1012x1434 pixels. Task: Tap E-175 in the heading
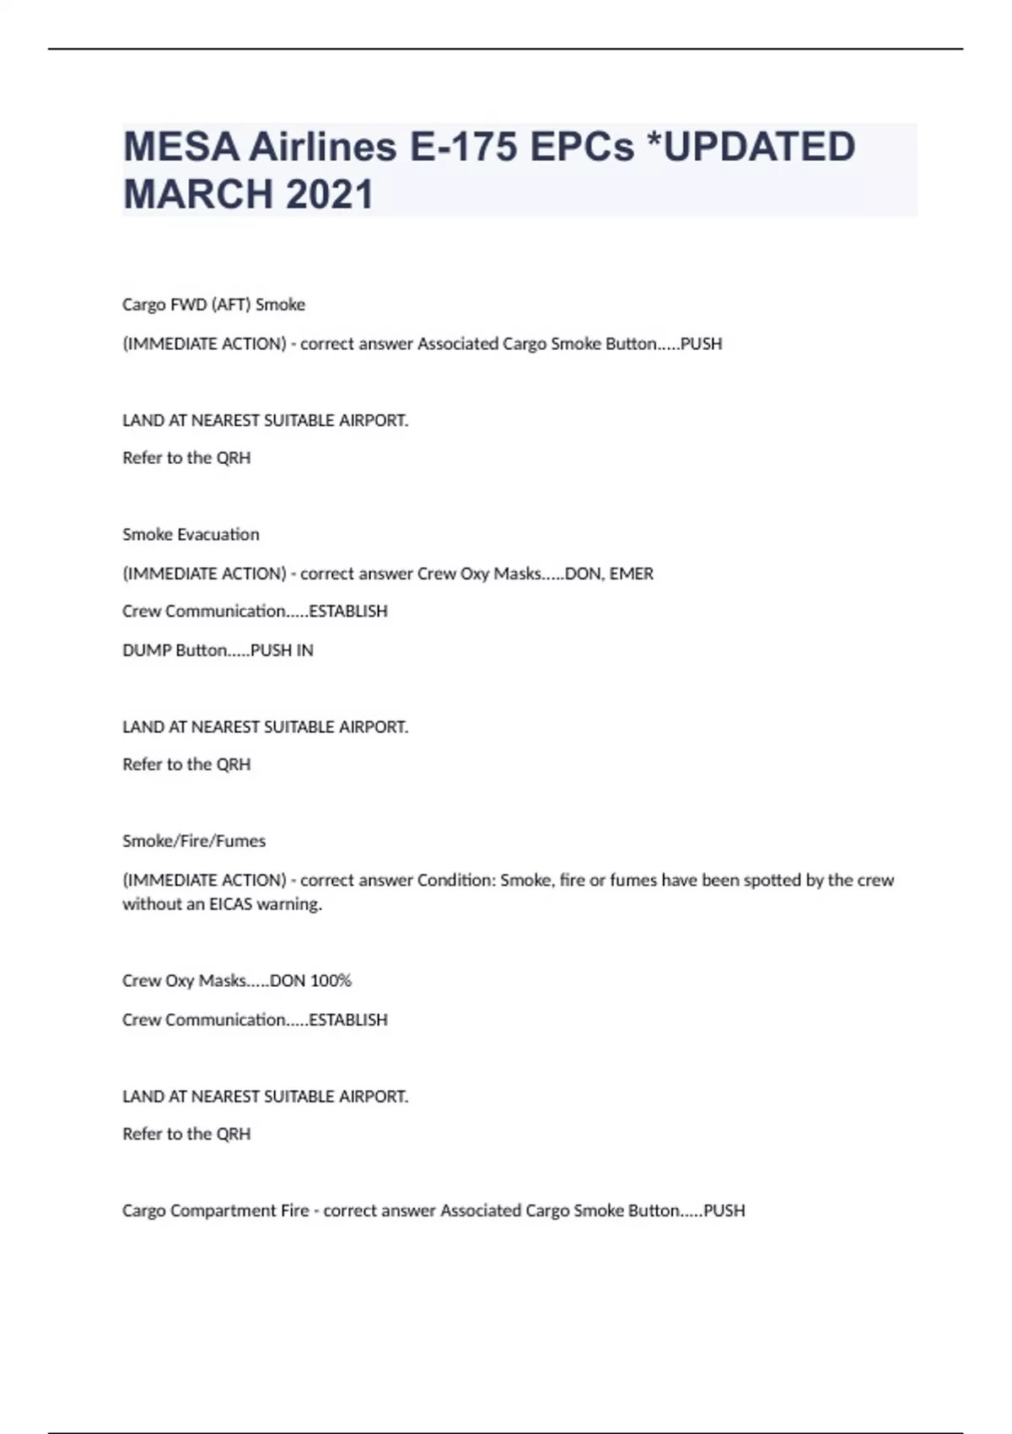[x=463, y=147]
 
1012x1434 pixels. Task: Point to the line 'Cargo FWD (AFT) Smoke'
[x=213, y=305]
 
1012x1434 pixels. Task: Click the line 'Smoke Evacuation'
[x=191, y=534]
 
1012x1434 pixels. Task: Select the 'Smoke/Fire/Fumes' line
[x=194, y=841]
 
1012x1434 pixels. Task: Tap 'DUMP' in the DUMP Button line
[x=147, y=650]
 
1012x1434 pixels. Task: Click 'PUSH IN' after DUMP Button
[x=282, y=650]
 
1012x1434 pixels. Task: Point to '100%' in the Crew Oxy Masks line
[x=331, y=980]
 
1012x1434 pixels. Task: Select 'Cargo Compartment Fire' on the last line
[x=216, y=1210]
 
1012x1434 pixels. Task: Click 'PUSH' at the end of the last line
[x=724, y=1210]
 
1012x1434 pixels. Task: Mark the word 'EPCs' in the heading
[x=582, y=147]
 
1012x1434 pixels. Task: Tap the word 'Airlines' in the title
[x=323, y=147]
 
